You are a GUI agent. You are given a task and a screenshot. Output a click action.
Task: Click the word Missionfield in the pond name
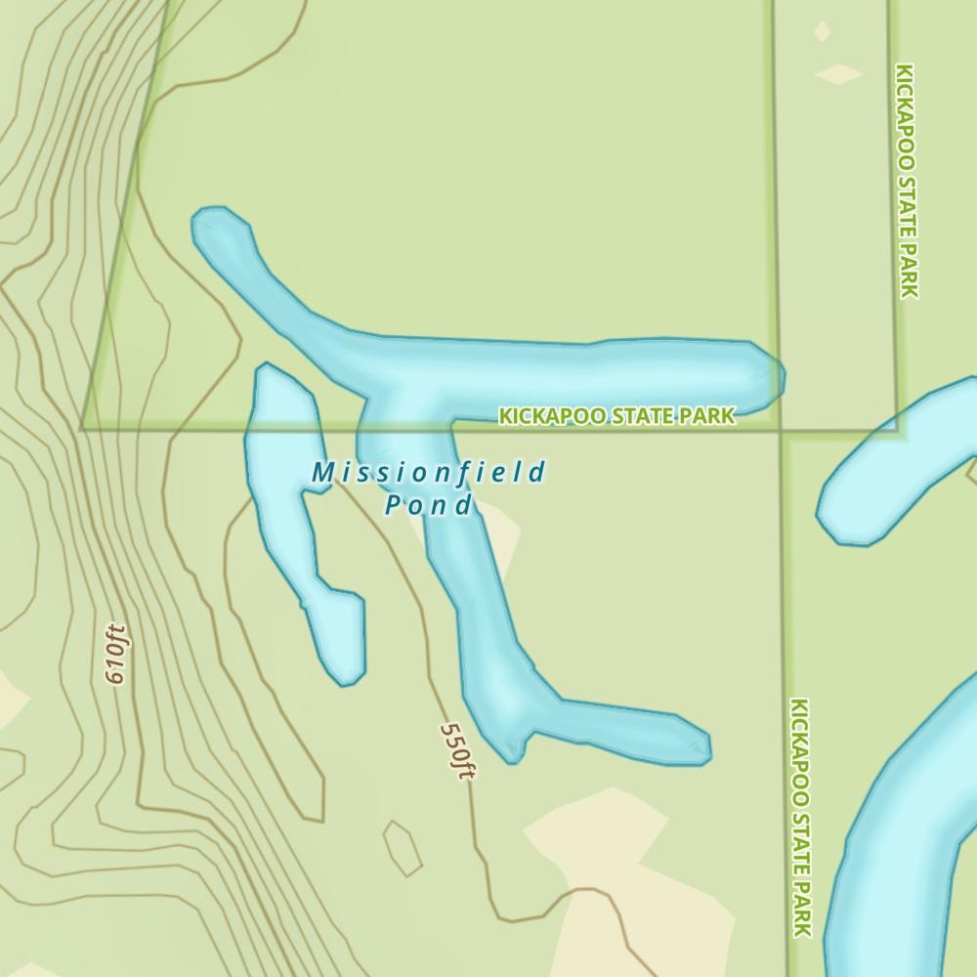coord(428,474)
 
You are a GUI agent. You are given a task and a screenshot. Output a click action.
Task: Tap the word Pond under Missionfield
coord(428,505)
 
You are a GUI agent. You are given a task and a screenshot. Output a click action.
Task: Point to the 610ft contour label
coord(116,654)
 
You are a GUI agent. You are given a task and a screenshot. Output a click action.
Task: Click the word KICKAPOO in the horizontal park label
coord(544,417)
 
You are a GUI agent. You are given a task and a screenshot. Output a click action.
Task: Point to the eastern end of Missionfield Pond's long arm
coord(767,375)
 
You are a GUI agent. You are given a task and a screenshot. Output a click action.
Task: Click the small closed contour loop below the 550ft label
coord(402,847)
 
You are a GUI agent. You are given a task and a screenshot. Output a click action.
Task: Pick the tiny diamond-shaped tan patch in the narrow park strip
coord(822,31)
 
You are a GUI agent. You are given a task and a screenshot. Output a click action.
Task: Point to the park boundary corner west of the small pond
coord(83,428)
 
